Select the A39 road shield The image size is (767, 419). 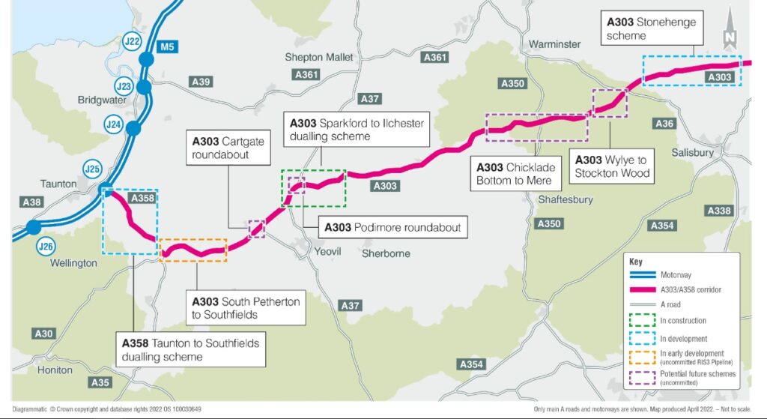pos(201,82)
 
